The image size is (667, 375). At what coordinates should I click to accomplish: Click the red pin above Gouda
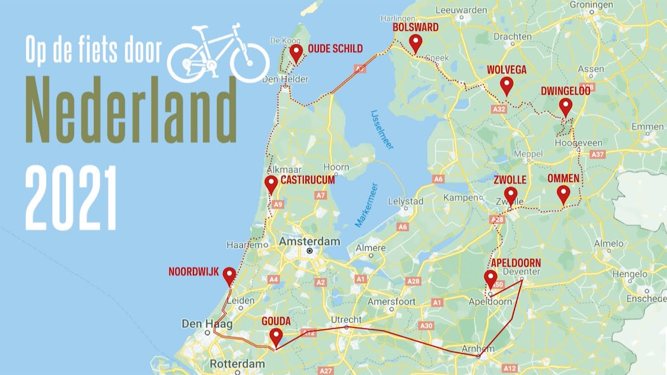tap(276, 336)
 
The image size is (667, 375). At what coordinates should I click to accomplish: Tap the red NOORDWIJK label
tap(193, 272)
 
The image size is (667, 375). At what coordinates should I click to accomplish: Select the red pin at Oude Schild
tap(296, 52)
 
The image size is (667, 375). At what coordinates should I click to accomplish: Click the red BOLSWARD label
tap(415, 27)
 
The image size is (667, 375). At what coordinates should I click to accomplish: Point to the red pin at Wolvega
tap(507, 85)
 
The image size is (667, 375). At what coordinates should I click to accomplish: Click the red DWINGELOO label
tap(565, 91)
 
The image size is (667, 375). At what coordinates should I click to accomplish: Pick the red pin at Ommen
tap(563, 193)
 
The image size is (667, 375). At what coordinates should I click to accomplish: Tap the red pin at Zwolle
tap(511, 195)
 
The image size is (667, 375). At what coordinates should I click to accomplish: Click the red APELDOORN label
tap(516, 263)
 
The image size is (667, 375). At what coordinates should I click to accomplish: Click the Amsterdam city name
tap(310, 242)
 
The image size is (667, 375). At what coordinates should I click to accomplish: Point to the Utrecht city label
tap(346, 319)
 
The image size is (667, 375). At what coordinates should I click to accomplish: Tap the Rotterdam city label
tap(237, 364)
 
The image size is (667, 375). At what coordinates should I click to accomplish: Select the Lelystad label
tap(406, 201)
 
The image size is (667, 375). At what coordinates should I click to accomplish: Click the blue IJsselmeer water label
tap(381, 129)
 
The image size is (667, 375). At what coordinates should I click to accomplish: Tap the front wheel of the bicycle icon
tap(250, 63)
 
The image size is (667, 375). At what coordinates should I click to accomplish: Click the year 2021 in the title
tap(71, 198)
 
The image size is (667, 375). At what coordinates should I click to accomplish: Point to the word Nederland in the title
tap(130, 110)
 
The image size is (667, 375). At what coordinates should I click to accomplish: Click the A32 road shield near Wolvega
tap(499, 109)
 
